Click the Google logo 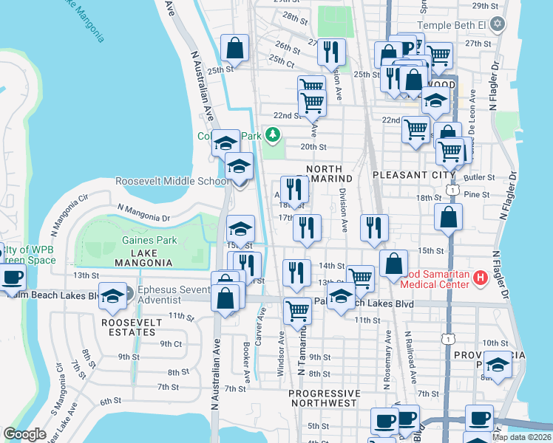(x=24, y=434)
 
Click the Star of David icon (x=498, y=24)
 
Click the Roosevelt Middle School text (x=172, y=182)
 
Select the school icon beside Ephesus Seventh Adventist (x=112, y=297)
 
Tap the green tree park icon (x=274, y=134)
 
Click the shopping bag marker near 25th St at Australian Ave (x=234, y=49)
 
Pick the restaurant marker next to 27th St (x=330, y=52)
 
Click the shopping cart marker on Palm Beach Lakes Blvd (x=297, y=310)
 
